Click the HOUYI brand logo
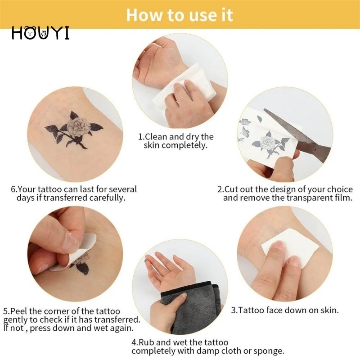tap(40, 33)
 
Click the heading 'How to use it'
tap(180, 14)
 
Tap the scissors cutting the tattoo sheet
tap(288, 130)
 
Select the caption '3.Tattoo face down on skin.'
tap(285, 310)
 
